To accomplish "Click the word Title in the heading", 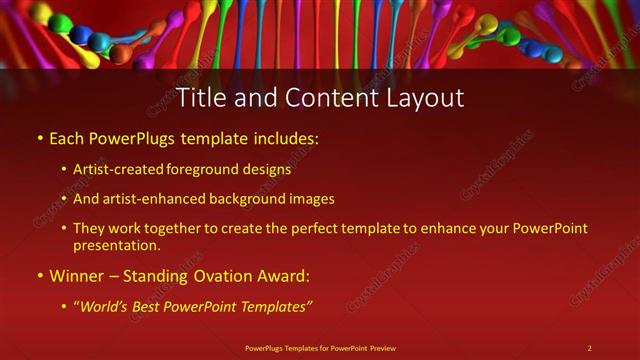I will click(x=198, y=98).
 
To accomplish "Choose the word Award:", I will click(x=282, y=275).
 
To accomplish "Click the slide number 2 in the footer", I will click(x=589, y=348).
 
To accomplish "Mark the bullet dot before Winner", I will click(x=40, y=276).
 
